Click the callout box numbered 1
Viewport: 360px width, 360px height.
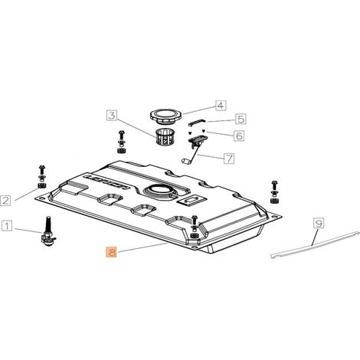[7, 226]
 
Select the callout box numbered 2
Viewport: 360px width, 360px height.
[5, 201]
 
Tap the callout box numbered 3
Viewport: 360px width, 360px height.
[112, 116]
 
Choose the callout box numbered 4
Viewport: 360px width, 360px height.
[221, 105]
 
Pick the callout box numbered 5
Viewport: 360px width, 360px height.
[241, 119]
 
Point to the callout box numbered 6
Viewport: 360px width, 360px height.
[239, 136]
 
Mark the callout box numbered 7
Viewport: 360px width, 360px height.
[229, 159]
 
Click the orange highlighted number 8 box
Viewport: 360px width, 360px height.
[112, 252]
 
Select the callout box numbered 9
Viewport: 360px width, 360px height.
[319, 223]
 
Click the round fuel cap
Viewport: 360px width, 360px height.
[166, 116]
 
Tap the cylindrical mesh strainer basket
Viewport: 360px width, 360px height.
[165, 137]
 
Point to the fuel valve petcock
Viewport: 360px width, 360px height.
[48, 232]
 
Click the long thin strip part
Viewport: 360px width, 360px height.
[315, 244]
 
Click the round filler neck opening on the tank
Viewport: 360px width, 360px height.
[159, 191]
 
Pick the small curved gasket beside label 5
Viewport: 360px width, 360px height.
[197, 123]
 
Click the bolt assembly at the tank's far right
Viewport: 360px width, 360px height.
[274, 191]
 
